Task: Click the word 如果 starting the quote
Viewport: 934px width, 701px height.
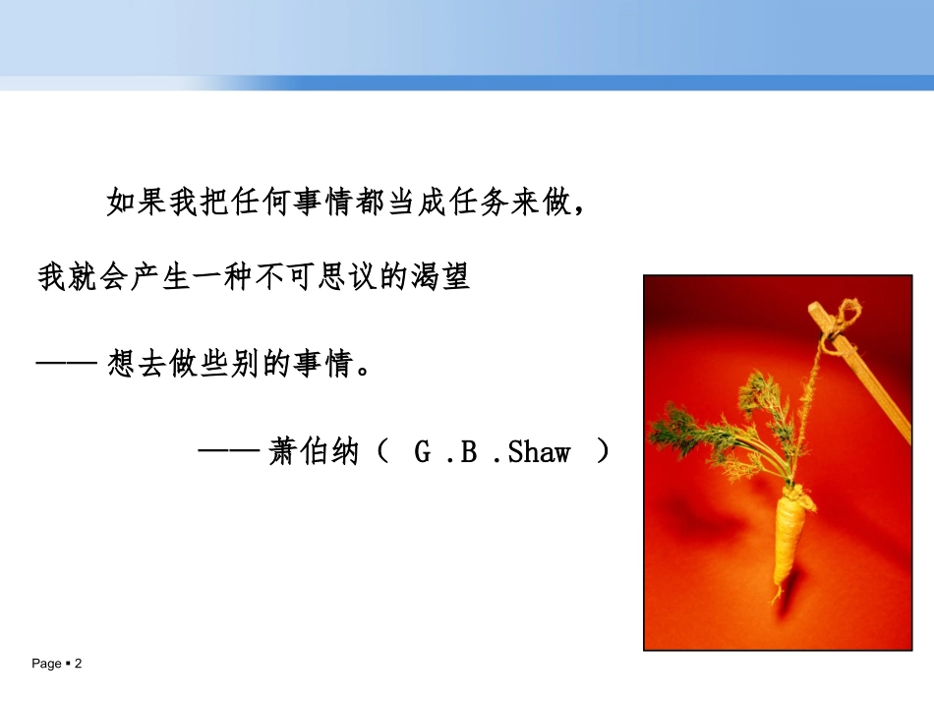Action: click(x=134, y=204)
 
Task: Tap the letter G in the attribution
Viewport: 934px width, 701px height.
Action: click(x=423, y=452)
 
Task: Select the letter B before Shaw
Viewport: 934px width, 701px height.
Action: click(x=468, y=452)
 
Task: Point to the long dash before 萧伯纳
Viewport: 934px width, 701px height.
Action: click(x=228, y=452)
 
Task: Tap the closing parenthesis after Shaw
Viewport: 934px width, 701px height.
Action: click(x=604, y=452)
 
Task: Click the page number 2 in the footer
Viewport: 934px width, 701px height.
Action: click(x=78, y=665)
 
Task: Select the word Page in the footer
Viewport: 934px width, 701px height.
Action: click(x=46, y=665)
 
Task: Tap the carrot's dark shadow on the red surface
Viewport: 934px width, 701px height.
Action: click(x=688, y=511)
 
